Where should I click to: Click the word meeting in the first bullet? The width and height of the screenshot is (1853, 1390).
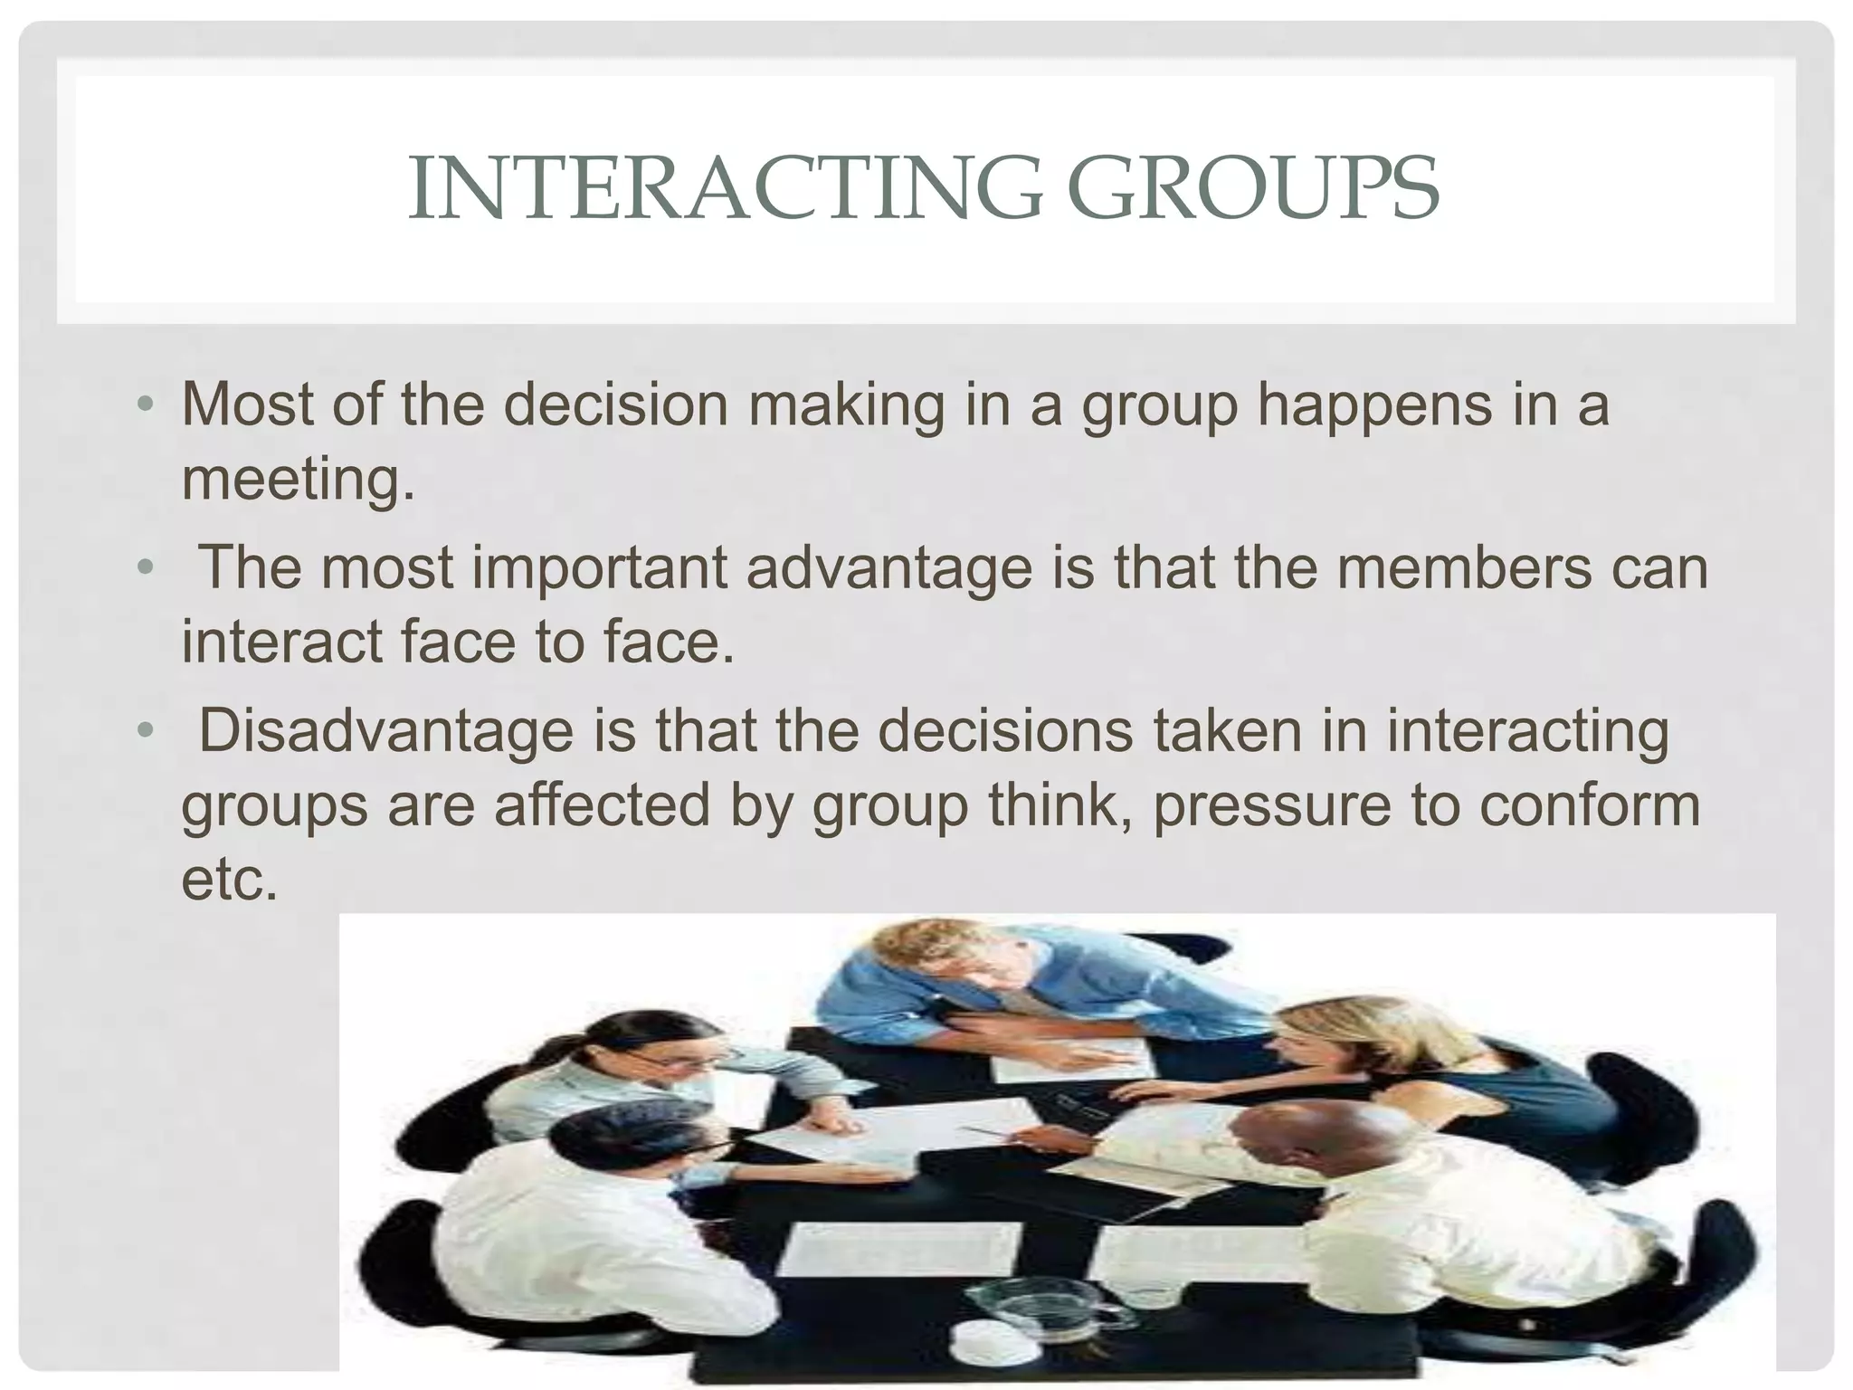[298, 480]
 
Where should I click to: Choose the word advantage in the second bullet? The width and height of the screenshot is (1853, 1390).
[888, 568]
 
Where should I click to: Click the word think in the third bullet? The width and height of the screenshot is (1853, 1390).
[1057, 804]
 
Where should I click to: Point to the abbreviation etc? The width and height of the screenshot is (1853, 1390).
[229, 879]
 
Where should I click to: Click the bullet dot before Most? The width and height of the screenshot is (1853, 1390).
[146, 405]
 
